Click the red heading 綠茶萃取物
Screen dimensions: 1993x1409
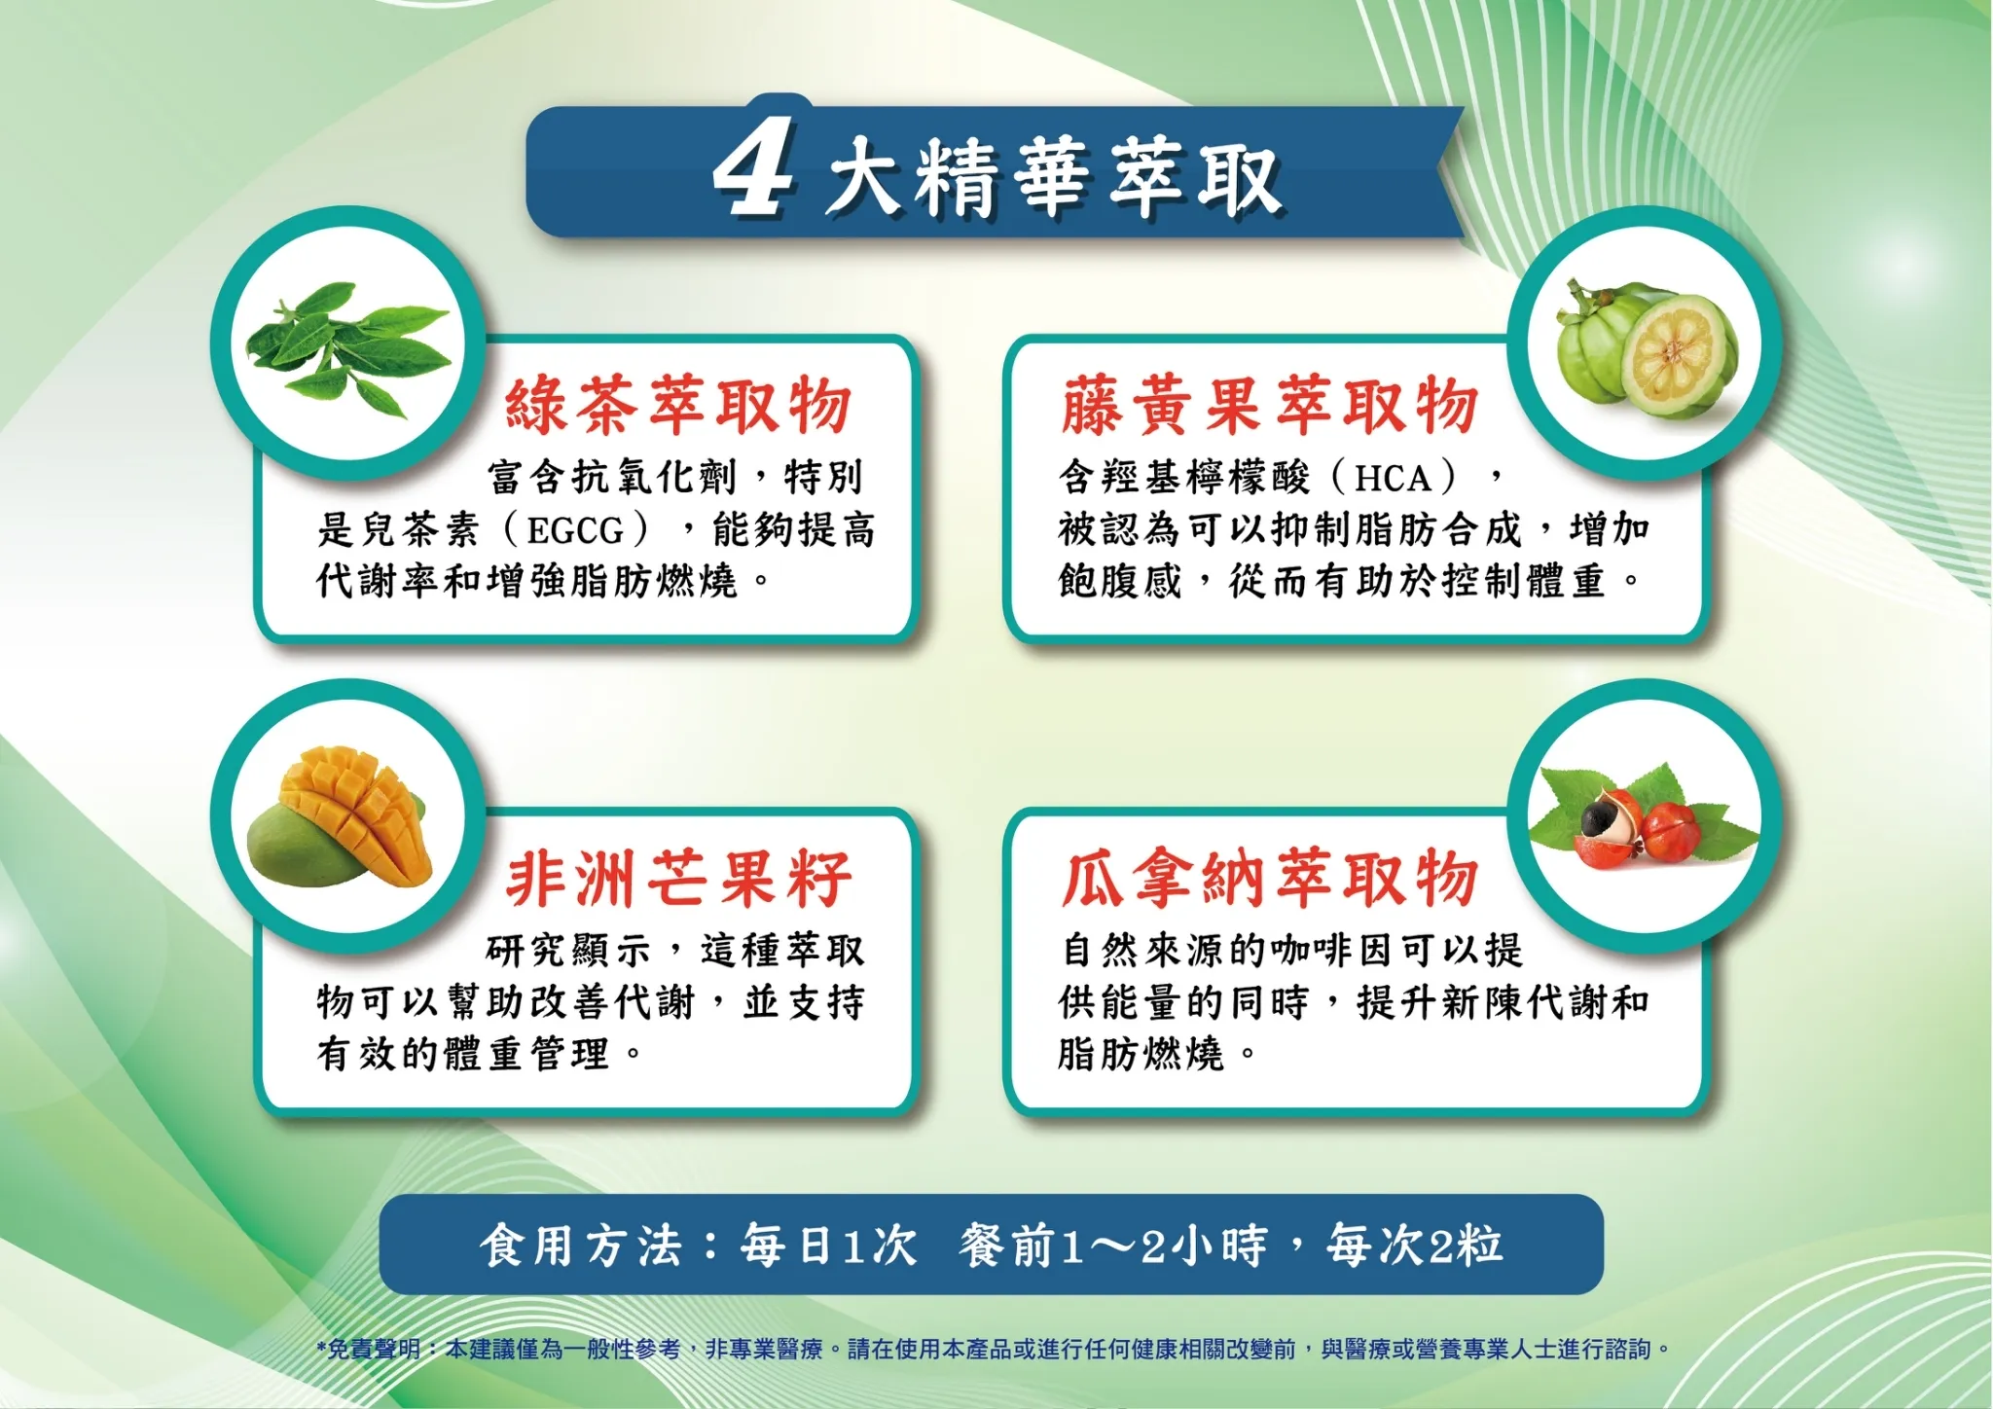[x=678, y=405]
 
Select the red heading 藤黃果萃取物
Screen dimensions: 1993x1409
[x=1270, y=405]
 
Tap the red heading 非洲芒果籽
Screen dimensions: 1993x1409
[x=679, y=878]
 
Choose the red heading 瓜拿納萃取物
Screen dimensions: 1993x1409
[x=1270, y=878]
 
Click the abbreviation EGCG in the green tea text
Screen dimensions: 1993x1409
[x=575, y=531]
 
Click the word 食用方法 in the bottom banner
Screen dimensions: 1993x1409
[x=581, y=1246]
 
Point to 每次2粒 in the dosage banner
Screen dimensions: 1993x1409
[x=1415, y=1246]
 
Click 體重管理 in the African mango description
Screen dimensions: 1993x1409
[x=526, y=1054]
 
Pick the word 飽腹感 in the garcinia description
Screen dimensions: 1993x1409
[x=1120, y=582]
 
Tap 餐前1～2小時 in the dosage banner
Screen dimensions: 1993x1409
[x=1113, y=1246]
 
